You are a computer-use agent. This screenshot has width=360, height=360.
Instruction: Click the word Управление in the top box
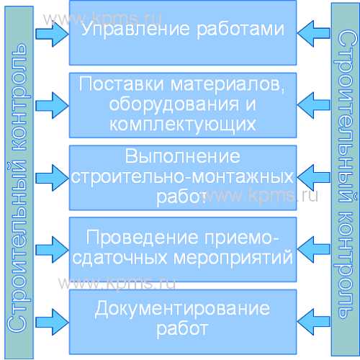pos(135,30)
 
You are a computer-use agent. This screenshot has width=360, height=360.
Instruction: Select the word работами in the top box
pos(240,30)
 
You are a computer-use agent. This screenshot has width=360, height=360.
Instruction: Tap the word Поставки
pos(122,84)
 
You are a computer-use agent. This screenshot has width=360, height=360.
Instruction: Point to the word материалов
pos(225,84)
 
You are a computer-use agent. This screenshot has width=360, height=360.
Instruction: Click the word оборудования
pos(174,104)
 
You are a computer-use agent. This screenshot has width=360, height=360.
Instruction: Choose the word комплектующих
pos(183,125)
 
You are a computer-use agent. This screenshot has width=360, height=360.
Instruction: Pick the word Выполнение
pos(182,156)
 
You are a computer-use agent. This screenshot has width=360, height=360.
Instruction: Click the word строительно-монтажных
pos(182,177)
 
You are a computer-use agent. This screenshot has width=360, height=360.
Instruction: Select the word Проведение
pos(142,238)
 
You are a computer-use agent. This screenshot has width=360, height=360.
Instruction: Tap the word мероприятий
pos(233,258)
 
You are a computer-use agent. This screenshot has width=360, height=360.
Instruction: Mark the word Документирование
pos(182,309)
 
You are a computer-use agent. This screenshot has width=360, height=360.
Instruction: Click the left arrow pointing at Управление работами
pos(53,33)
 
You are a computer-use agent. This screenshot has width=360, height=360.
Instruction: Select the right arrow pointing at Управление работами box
pos(314,33)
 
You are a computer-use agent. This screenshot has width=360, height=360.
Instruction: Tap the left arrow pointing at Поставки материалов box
pos(53,105)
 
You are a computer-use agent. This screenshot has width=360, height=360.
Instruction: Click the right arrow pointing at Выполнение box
pos(314,178)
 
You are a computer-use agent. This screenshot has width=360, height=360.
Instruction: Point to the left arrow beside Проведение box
pos(53,250)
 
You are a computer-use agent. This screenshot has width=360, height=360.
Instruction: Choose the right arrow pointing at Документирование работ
pos(314,322)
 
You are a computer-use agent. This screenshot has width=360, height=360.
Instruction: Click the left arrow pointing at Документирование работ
pos(53,322)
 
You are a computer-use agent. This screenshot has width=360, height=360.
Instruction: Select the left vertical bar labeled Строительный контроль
pos(19,182)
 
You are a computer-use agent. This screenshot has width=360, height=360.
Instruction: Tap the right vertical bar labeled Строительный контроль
pos(346,179)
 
